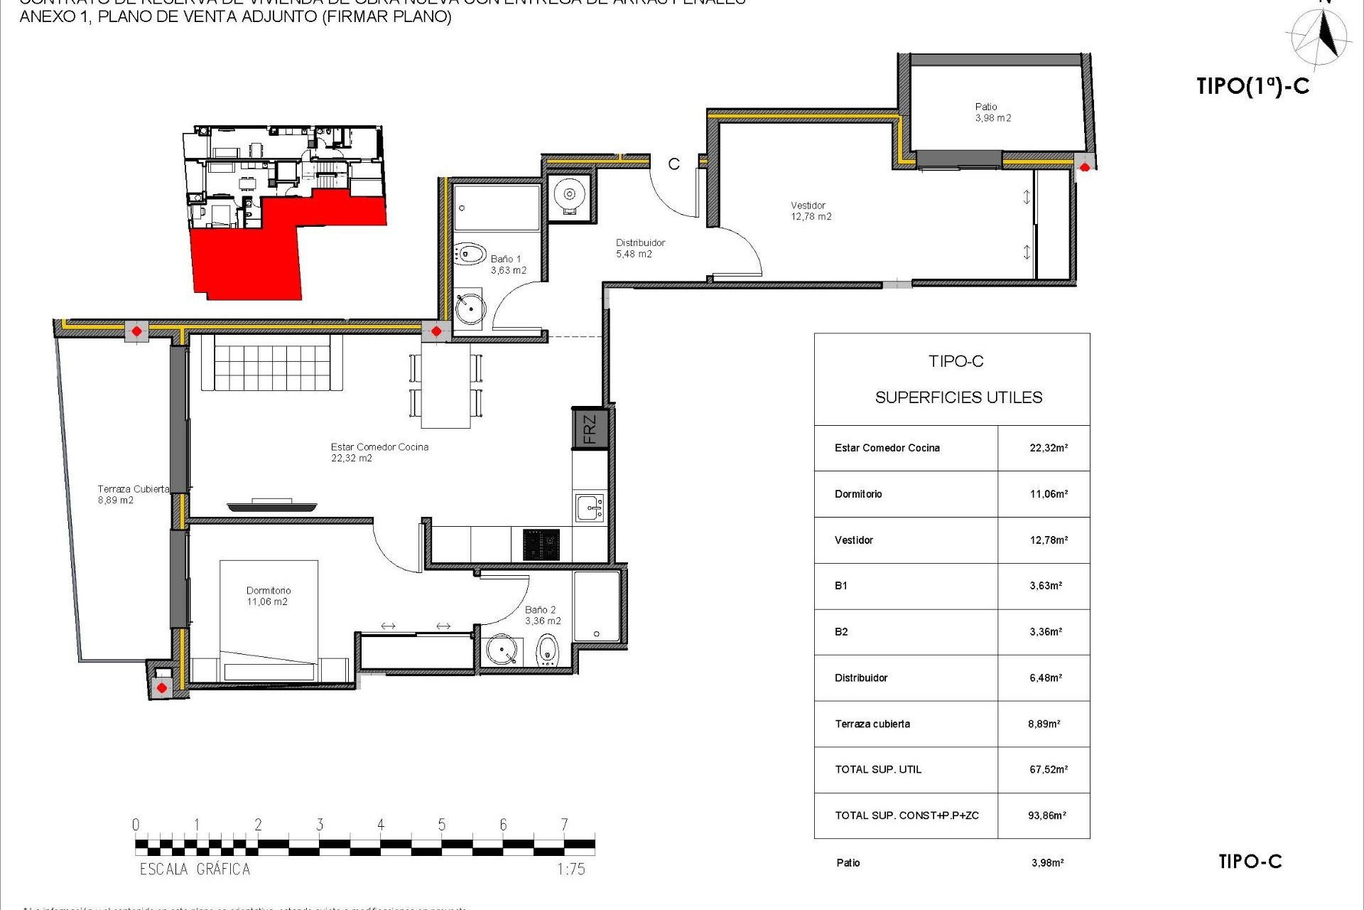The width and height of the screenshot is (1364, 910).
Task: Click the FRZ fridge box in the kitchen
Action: coord(590,429)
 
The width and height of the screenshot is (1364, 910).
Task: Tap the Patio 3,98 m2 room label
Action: coord(992,112)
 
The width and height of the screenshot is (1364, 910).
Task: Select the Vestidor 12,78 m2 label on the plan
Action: coord(811,211)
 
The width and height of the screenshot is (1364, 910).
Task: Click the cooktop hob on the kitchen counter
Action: coord(541,545)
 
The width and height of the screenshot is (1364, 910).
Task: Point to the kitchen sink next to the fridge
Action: coord(590,508)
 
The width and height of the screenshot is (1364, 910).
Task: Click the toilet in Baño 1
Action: coord(470,254)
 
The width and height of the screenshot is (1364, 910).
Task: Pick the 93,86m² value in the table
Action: coord(1047,815)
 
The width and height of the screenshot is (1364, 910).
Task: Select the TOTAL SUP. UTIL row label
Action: coord(878,769)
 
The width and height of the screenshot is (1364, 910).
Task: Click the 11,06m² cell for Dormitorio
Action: coord(1049,494)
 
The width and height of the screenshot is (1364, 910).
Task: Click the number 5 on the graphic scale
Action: coord(442,825)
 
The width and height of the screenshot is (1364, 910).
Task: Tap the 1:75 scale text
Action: coord(571,869)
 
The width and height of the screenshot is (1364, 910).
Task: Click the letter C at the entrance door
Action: coord(673,164)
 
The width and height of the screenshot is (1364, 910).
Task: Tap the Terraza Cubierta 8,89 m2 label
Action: coord(133,494)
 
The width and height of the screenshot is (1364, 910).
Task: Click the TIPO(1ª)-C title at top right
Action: coord(1252,86)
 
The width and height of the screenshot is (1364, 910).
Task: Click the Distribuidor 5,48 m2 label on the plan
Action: coord(639,248)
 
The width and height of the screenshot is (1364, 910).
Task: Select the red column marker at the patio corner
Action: coord(1085,168)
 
